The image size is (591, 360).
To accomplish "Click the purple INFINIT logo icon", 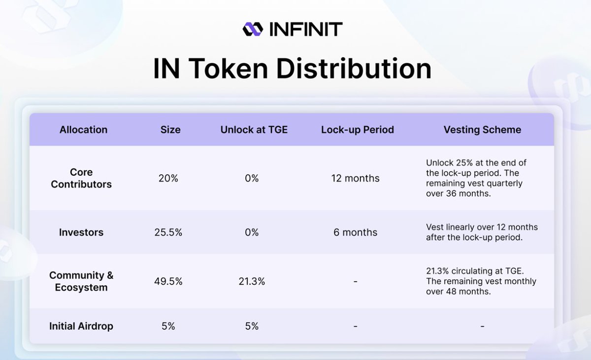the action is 253,29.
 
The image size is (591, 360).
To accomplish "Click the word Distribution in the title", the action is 354,68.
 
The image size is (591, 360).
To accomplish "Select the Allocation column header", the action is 83,130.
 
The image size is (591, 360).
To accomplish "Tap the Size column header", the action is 170,130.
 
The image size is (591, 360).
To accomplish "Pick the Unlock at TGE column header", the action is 254,130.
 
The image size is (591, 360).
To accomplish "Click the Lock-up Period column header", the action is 358,130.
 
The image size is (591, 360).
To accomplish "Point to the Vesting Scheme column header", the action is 482,130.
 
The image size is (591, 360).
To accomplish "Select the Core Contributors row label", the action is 81,178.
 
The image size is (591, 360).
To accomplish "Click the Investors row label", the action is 81,232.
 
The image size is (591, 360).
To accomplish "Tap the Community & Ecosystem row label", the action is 81,281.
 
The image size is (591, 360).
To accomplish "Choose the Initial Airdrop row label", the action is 81,326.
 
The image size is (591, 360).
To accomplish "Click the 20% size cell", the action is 168,178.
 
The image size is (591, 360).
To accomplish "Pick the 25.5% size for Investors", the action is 168,232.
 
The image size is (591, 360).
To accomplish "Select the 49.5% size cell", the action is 168,281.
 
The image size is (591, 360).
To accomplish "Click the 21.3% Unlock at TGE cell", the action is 252,281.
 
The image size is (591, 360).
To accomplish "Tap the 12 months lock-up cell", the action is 356,178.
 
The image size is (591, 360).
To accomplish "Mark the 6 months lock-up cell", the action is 356,232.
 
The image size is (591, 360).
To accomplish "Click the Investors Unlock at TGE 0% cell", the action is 252,232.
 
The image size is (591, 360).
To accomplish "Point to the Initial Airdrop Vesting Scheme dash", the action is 482,326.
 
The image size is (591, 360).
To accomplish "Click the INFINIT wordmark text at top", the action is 306,29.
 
